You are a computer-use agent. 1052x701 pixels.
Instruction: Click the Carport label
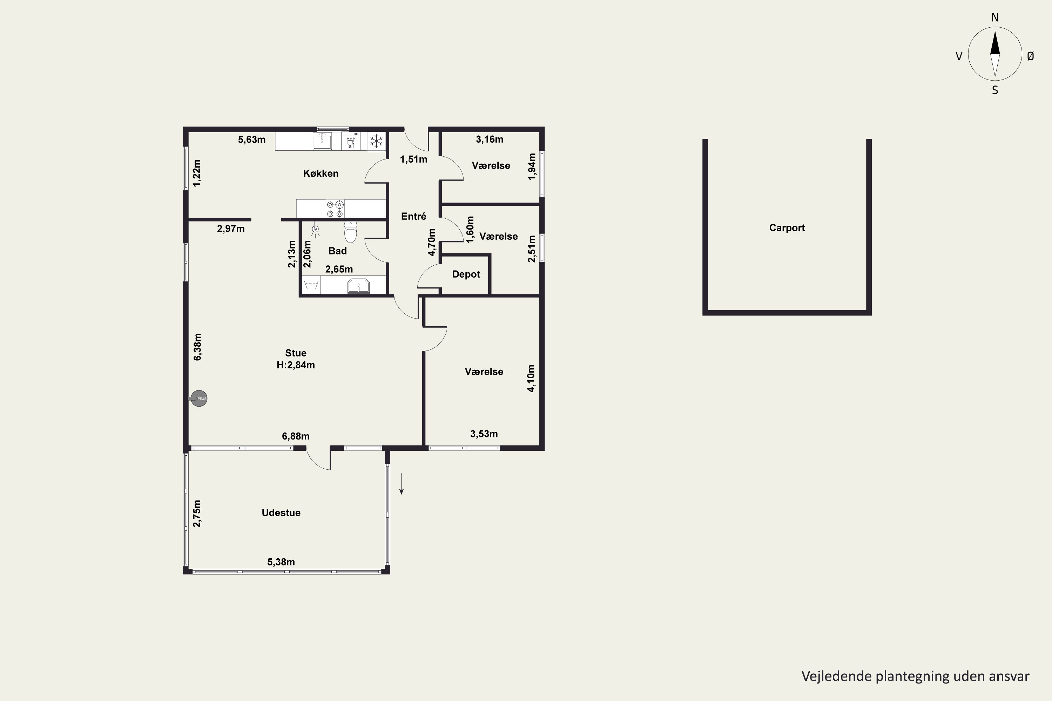(x=787, y=228)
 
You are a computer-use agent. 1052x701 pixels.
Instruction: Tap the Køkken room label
(x=321, y=173)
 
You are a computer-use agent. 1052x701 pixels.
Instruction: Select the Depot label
(x=466, y=274)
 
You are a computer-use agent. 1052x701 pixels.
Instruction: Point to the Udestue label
(x=281, y=513)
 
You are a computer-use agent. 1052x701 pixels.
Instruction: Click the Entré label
(x=414, y=216)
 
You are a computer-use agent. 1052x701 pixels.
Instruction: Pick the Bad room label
(x=337, y=251)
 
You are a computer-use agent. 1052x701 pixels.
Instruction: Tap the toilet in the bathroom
(x=351, y=232)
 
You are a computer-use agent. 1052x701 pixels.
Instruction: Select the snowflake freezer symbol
(x=377, y=141)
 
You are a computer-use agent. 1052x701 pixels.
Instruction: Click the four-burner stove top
(x=335, y=209)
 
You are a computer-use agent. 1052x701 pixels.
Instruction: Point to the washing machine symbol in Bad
(x=311, y=285)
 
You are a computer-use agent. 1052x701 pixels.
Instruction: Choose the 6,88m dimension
(x=296, y=436)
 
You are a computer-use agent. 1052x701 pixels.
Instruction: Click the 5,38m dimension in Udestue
(x=281, y=562)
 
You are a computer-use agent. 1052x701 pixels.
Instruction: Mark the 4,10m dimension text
(x=531, y=379)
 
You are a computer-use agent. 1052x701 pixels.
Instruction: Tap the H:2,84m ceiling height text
(x=296, y=365)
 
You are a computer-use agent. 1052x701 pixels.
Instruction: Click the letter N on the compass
(x=995, y=18)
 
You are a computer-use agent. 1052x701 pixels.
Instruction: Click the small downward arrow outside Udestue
(x=402, y=484)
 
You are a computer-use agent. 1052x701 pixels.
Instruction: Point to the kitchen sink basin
(x=322, y=141)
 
